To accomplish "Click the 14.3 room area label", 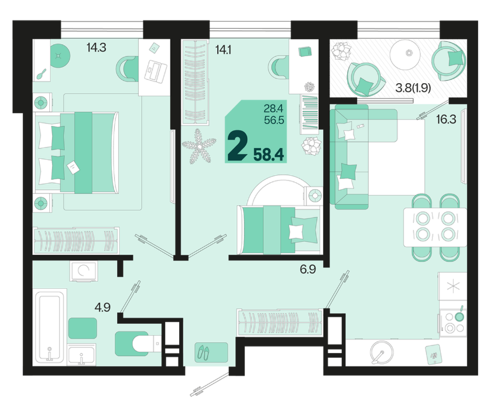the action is [96, 47].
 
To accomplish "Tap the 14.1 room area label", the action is [223, 49].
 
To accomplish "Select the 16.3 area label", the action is [446, 119].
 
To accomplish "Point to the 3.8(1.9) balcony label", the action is [413, 88].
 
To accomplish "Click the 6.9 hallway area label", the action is [308, 269].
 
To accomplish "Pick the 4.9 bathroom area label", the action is [102, 307].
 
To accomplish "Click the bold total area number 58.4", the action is [269, 155].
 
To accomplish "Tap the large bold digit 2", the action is [237, 146].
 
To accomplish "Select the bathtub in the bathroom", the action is [49, 326].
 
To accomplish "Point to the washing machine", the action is [84, 272].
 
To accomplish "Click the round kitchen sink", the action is [382, 352].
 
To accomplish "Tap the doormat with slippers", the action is [211, 352].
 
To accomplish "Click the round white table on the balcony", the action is [409, 53].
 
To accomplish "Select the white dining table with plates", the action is [435, 227].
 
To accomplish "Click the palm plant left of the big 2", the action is [199, 146].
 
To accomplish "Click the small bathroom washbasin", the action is [81, 354].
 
